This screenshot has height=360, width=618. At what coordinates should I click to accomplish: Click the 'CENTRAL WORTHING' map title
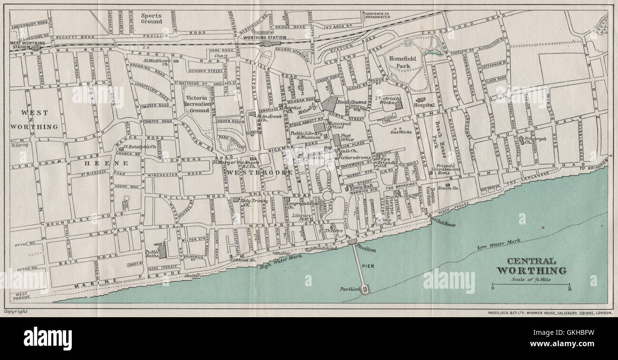(531, 266)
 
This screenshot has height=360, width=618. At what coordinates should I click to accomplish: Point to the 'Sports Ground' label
(152, 18)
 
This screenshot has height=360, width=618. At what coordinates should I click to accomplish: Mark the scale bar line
(531, 284)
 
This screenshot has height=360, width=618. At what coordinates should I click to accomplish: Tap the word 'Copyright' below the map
(16, 311)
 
